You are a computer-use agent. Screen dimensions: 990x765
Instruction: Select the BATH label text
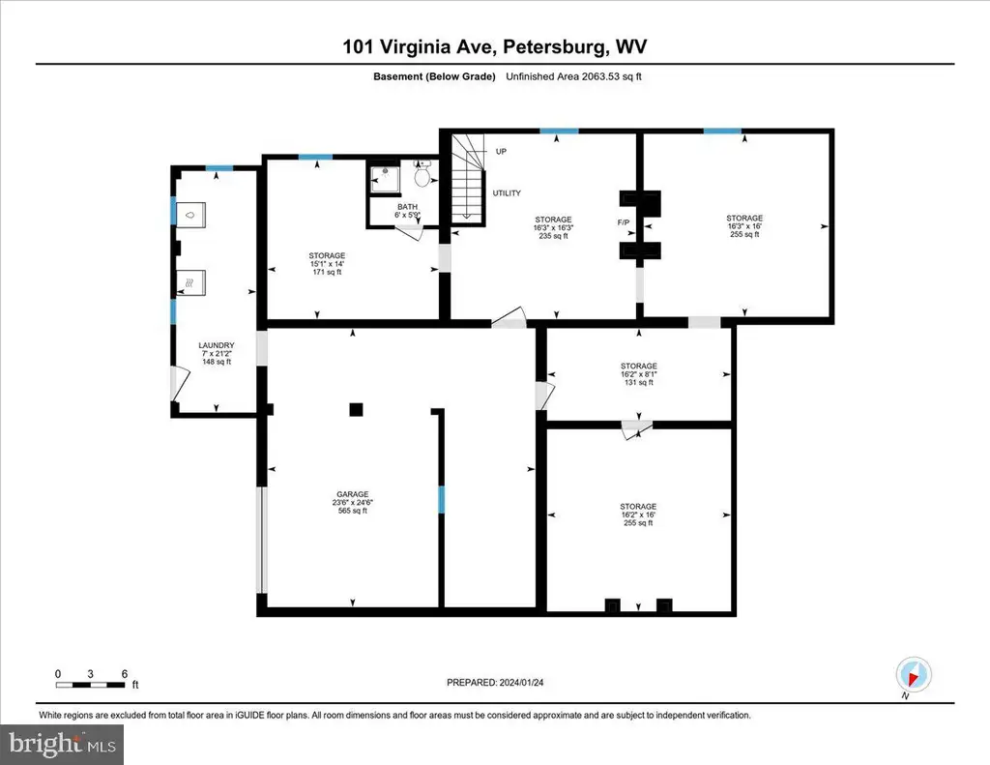[x=407, y=207]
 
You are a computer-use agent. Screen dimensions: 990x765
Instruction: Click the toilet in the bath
[x=422, y=174]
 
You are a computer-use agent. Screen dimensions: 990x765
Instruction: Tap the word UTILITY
[x=507, y=193]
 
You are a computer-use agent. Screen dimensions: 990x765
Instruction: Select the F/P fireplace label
[x=624, y=222]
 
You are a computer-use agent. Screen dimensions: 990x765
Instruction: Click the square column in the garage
[x=356, y=409]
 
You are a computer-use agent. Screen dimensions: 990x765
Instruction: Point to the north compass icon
[x=913, y=675]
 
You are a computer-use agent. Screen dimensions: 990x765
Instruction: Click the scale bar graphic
[x=91, y=685]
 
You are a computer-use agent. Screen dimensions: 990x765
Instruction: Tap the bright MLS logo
[x=62, y=744]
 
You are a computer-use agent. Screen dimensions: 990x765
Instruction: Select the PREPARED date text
[x=495, y=682]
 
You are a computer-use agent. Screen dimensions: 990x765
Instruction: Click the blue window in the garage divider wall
[x=441, y=499]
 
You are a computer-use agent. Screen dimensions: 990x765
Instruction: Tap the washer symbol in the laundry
[x=190, y=216]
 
